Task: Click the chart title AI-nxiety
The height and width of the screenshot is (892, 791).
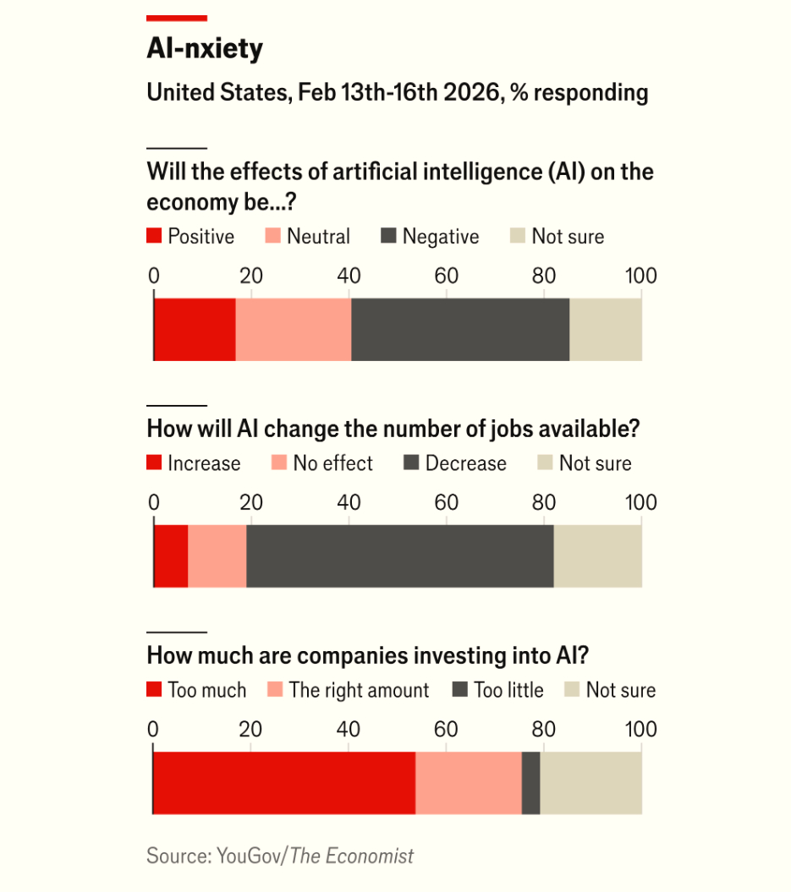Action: pos(205,49)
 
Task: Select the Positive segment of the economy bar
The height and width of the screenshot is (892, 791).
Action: pos(195,330)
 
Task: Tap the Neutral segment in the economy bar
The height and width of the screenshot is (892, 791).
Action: pos(293,330)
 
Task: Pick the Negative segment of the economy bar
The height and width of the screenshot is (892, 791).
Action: pos(459,330)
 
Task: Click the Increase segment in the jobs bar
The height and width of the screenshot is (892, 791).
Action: pos(171,556)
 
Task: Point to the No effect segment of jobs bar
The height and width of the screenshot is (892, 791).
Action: pos(217,556)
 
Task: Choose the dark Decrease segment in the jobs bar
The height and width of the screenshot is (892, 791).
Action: pos(399,556)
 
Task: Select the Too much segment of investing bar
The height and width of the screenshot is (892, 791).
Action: pos(284,783)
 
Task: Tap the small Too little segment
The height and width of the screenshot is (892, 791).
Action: pos(530,783)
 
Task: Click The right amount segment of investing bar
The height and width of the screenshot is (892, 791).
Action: pos(469,783)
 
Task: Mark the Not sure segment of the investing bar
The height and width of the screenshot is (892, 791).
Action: pos(591,783)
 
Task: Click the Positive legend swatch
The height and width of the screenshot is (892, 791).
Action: pos(154,237)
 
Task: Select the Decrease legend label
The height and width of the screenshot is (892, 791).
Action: pos(465,464)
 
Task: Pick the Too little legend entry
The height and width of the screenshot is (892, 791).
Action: pos(499,691)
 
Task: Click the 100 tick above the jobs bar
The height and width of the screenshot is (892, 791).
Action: pos(640,502)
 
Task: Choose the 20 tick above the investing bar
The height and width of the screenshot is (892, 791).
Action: pos(250,729)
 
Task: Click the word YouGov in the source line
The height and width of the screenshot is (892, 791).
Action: pos(251,856)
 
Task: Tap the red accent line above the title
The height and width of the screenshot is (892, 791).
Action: pos(177,18)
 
